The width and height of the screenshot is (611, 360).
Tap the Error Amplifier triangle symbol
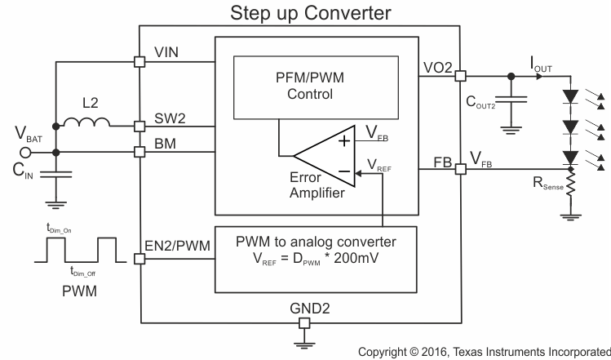(323, 153)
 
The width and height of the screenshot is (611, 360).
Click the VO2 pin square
(460, 77)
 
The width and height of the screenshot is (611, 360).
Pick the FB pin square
(460, 169)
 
